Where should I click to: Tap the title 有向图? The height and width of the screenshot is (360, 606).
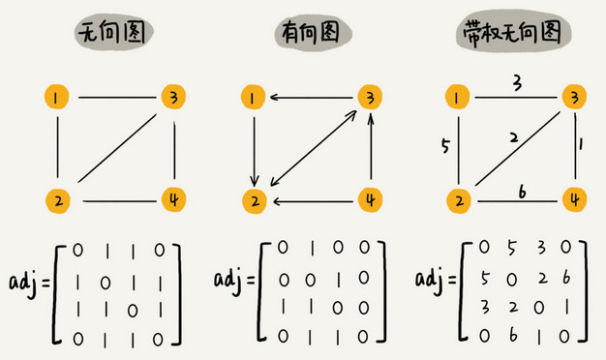[312, 36]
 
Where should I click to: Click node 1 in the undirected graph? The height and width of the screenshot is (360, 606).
[58, 97]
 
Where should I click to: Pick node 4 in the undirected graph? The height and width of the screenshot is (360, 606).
[173, 200]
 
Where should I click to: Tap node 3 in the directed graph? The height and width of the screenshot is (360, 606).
[369, 97]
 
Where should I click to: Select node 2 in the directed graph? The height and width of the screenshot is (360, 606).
[254, 200]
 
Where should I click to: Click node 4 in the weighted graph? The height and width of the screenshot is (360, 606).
[575, 200]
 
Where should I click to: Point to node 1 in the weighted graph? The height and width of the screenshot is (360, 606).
[456, 97]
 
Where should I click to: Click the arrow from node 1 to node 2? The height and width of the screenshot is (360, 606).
[254, 150]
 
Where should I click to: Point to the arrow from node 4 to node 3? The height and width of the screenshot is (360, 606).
[371, 150]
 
